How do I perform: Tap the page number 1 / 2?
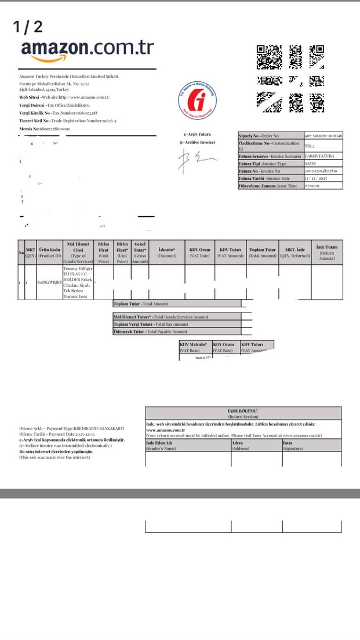28,26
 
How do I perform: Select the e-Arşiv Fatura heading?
197,134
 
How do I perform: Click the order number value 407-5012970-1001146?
323,135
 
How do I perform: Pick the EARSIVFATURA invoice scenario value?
323,156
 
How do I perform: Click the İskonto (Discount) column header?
166,252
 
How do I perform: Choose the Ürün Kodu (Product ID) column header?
49,252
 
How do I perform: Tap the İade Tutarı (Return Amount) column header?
327,252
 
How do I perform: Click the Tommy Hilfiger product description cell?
78,282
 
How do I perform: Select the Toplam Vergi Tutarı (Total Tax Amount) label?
151,324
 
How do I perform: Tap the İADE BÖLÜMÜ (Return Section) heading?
243,413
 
